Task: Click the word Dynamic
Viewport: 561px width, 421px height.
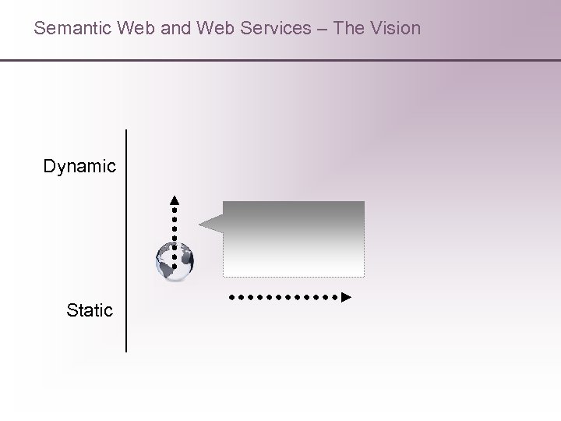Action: pos(79,166)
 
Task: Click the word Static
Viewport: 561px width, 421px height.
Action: pos(90,310)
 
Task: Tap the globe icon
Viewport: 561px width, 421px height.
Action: pos(174,261)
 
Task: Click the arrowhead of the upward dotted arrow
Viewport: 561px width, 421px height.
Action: pos(175,198)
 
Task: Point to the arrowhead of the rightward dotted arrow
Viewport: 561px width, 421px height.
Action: pos(347,297)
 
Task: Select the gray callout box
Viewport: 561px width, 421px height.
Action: pos(294,239)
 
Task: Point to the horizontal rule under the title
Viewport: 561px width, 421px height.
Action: pos(280,60)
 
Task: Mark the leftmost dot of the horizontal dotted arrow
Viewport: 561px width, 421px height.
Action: pos(231,297)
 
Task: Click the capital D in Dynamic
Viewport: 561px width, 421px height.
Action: pos(50,166)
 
